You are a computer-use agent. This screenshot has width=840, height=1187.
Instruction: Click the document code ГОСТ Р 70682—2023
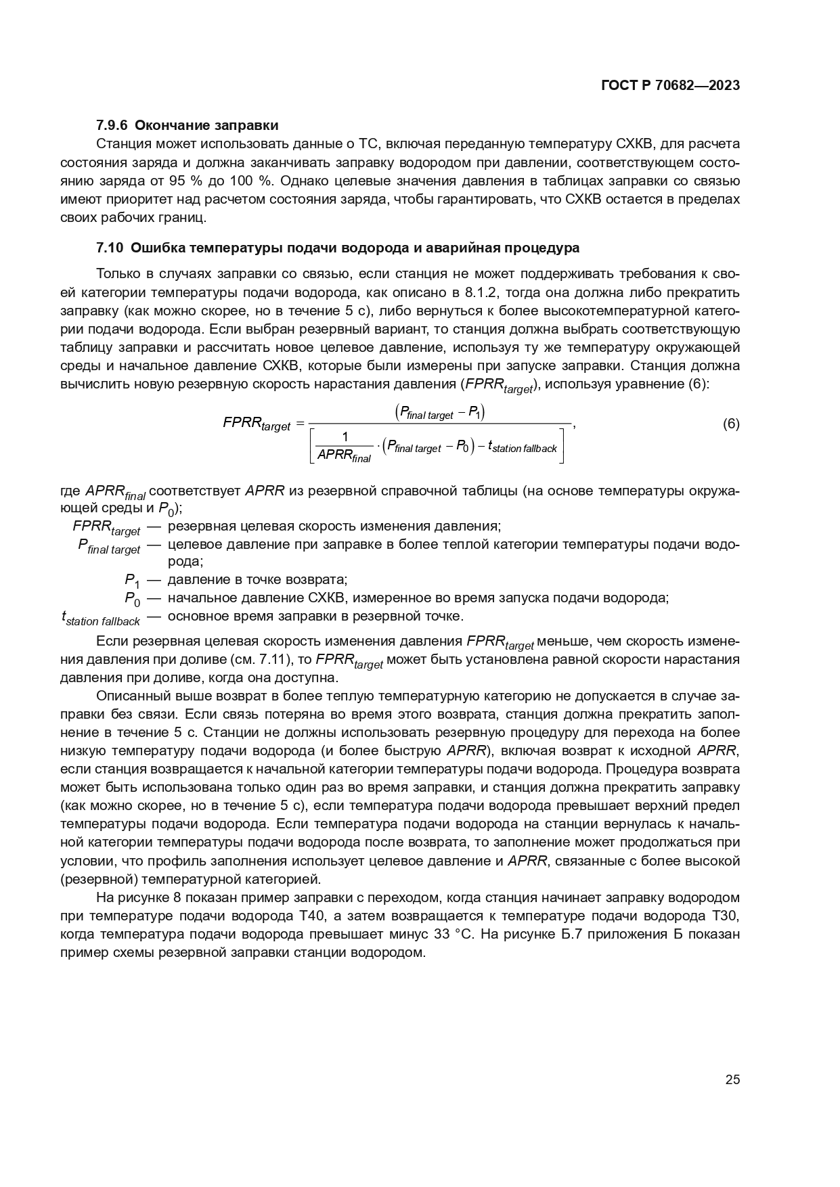point(669,86)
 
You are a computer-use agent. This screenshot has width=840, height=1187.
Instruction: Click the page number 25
point(732,1079)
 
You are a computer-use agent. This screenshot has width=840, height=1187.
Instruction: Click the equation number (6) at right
point(730,424)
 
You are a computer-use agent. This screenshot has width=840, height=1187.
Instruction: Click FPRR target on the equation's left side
point(256,424)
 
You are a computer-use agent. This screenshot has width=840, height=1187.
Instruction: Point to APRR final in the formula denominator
point(344,455)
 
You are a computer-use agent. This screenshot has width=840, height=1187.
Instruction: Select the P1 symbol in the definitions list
point(131,581)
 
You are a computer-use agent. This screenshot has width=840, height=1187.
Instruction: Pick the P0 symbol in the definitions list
point(131,599)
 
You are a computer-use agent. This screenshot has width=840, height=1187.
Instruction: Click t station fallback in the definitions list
point(100,619)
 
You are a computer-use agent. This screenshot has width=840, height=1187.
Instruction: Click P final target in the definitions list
point(109,546)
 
